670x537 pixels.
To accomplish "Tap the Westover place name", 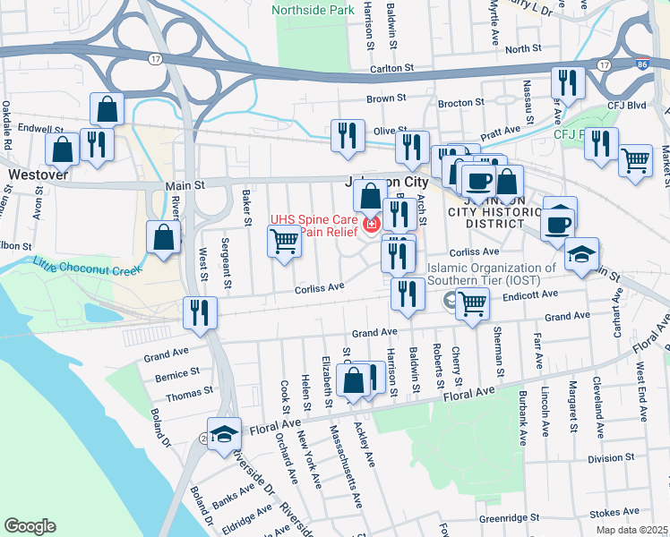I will coord(39,175).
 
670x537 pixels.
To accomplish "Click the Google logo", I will coord(30,526).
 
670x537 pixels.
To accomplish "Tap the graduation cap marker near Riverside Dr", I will coord(225,432).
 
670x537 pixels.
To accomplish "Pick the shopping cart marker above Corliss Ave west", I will coord(285,241).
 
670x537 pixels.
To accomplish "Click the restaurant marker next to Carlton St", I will coord(568,82).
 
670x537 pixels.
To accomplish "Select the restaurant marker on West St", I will coord(199,312).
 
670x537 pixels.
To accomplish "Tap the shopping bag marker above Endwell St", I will coord(107,110).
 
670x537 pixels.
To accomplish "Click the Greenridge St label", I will coord(507,517).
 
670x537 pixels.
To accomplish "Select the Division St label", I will coord(612,458).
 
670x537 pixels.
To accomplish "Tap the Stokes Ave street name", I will coord(614,513).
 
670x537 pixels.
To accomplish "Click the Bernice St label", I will coord(177,373).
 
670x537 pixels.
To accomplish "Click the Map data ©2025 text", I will coord(631,530).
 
